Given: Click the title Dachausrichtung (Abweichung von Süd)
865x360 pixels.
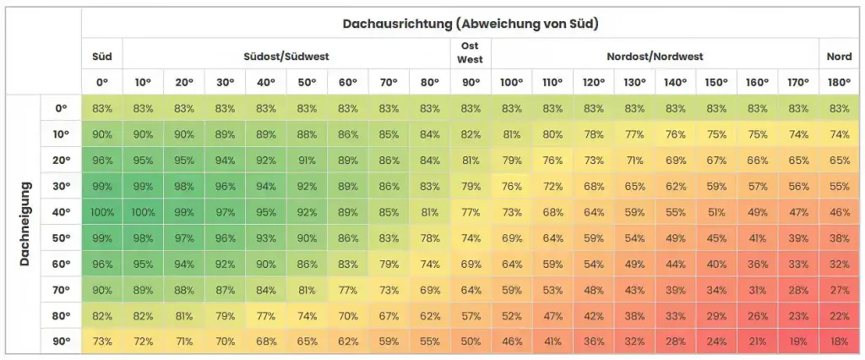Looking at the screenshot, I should (471, 24).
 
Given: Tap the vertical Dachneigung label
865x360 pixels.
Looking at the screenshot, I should (24, 223).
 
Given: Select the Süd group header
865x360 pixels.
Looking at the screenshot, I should (102, 57).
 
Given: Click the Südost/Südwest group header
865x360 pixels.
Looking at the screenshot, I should (286, 57).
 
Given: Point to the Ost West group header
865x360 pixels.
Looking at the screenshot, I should (471, 53).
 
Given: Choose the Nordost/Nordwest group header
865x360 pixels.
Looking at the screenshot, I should (655, 57).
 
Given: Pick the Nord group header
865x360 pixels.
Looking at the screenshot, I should (839, 57).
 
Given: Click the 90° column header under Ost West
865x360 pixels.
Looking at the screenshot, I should (471, 83).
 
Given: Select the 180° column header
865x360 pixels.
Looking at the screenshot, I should (839, 83).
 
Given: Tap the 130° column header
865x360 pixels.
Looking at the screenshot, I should (634, 83).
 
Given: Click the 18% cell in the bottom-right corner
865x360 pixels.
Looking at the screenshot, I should (839, 341).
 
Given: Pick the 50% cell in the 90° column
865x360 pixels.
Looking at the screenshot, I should (471, 341).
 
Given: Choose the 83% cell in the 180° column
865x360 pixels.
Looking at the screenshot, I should (839, 108).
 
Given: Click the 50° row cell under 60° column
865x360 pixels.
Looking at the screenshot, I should (348, 239).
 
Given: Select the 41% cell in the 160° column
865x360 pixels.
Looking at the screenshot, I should (757, 239).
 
